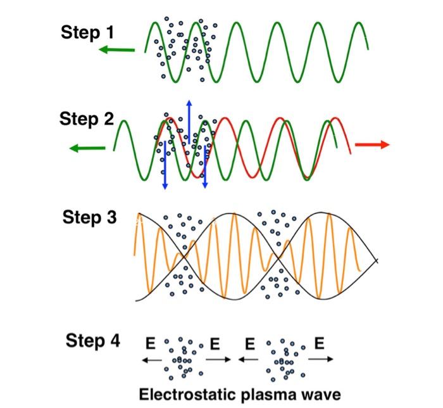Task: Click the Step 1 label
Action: [x=87, y=33]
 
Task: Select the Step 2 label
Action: [x=87, y=118]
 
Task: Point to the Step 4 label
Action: [x=92, y=341]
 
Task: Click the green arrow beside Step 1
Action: [x=117, y=49]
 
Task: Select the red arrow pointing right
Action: [x=372, y=145]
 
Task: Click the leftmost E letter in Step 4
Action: [x=151, y=343]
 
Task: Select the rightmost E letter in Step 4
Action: [x=320, y=343]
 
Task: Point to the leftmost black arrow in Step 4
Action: [x=151, y=359]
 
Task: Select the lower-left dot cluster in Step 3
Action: [x=184, y=279]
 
